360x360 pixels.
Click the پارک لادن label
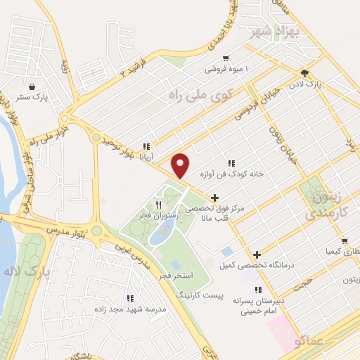[307, 84]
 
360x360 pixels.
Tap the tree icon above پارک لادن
[304, 72]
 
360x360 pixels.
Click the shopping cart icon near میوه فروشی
[225, 58]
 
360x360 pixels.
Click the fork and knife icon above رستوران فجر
[158, 204]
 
